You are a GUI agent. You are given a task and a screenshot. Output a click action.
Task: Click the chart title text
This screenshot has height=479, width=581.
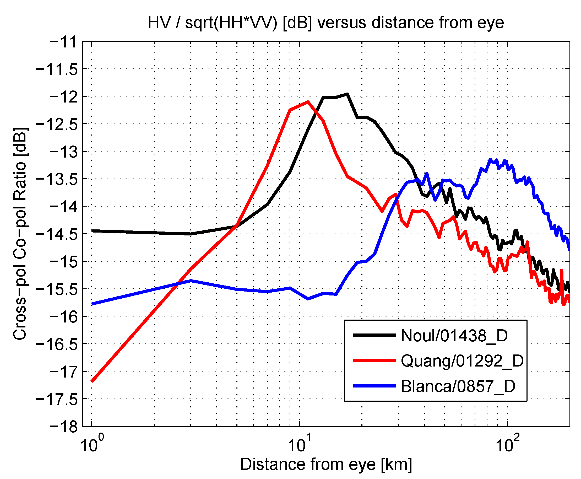(326, 23)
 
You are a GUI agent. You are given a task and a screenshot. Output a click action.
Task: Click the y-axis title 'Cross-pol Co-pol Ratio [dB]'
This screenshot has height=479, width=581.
(20, 233)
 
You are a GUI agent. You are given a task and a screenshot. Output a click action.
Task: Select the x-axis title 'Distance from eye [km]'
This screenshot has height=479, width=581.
(326, 464)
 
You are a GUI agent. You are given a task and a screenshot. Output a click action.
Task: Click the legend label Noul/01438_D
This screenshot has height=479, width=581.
(454, 336)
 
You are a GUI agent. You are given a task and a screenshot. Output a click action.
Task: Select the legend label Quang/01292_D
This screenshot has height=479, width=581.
(462, 361)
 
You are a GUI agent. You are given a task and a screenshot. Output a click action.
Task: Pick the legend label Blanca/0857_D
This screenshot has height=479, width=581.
(458, 386)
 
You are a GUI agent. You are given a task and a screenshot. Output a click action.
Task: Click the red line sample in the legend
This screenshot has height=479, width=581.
(374, 360)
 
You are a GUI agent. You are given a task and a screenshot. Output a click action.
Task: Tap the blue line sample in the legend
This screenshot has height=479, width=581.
(374, 386)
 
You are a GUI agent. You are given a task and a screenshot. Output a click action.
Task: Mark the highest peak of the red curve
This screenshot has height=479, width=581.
(308, 101)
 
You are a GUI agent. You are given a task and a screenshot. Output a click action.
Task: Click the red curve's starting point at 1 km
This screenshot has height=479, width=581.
(92, 381)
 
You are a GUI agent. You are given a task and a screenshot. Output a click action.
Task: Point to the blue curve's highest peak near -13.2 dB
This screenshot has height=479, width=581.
(490, 159)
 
